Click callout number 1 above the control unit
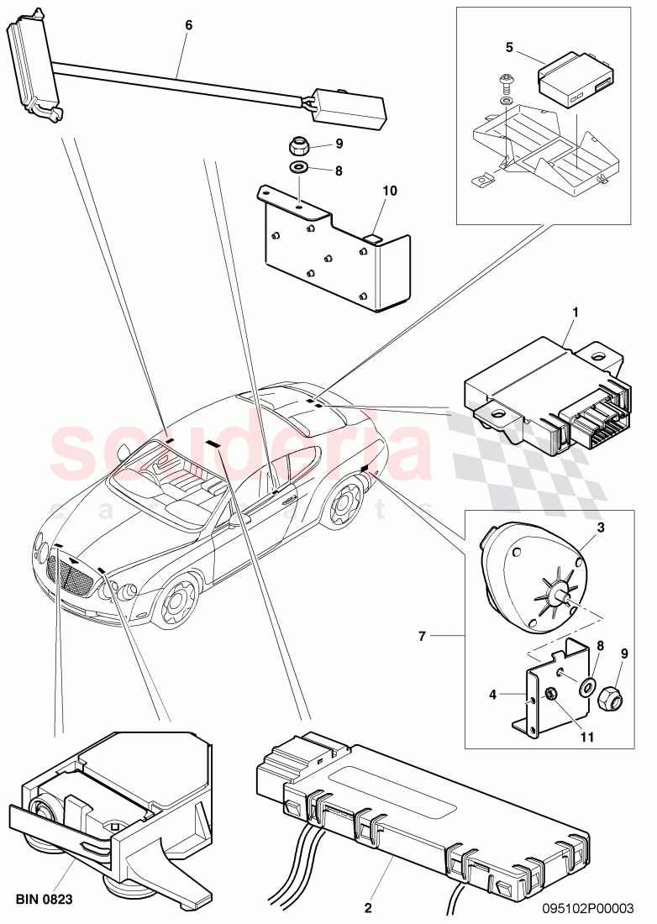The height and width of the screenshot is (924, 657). [x=576, y=312]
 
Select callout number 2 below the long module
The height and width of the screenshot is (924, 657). [x=367, y=907]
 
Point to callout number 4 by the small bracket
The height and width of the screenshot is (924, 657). [x=493, y=694]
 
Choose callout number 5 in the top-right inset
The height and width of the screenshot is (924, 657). [x=508, y=46]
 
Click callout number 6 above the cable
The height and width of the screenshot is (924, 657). [x=188, y=25]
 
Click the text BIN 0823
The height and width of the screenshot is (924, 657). [x=45, y=899]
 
